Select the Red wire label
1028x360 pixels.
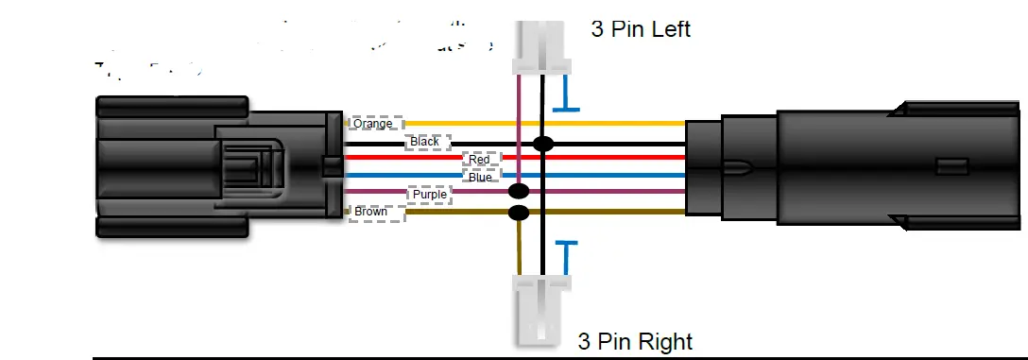480,160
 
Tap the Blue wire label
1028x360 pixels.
480,177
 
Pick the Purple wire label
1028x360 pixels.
430,195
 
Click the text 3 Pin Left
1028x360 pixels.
641,29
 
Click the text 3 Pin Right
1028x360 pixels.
635,340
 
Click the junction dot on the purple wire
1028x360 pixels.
518,192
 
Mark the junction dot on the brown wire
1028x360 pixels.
518,213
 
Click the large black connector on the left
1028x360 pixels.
217,165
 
